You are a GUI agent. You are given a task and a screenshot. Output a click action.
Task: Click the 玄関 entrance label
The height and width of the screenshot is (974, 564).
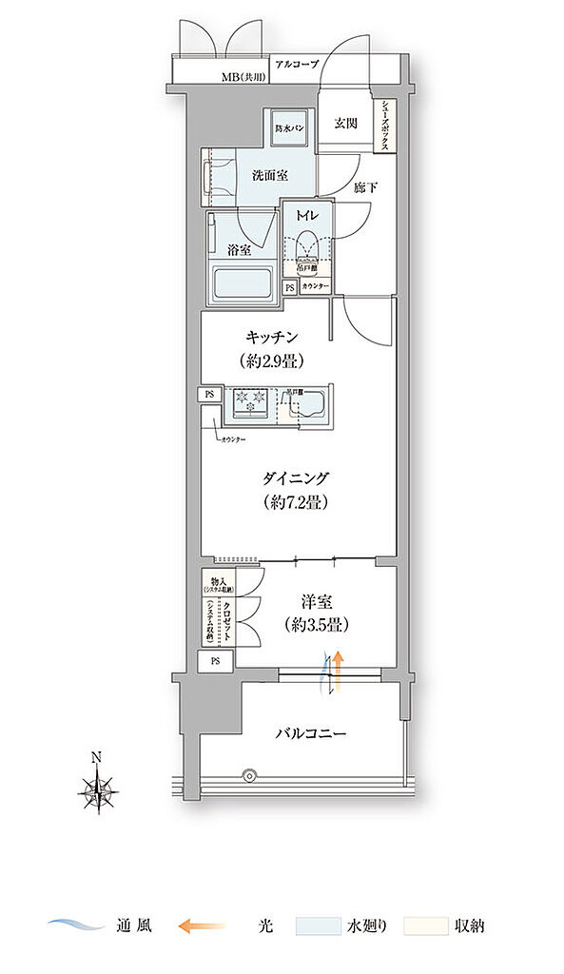pyautogui.click(x=345, y=122)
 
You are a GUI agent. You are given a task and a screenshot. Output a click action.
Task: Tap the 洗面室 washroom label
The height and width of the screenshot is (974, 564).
pyautogui.click(x=270, y=175)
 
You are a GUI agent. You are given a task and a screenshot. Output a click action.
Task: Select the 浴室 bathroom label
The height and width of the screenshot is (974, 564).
pyautogui.click(x=239, y=250)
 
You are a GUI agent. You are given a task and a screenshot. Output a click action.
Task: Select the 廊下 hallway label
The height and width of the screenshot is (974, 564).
pyautogui.click(x=365, y=187)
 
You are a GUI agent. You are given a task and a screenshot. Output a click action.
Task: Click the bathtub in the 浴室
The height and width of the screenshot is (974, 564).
pyautogui.click(x=241, y=283)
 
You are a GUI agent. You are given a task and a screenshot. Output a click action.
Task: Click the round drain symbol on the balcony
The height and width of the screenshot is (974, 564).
pyautogui.click(x=250, y=774)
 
